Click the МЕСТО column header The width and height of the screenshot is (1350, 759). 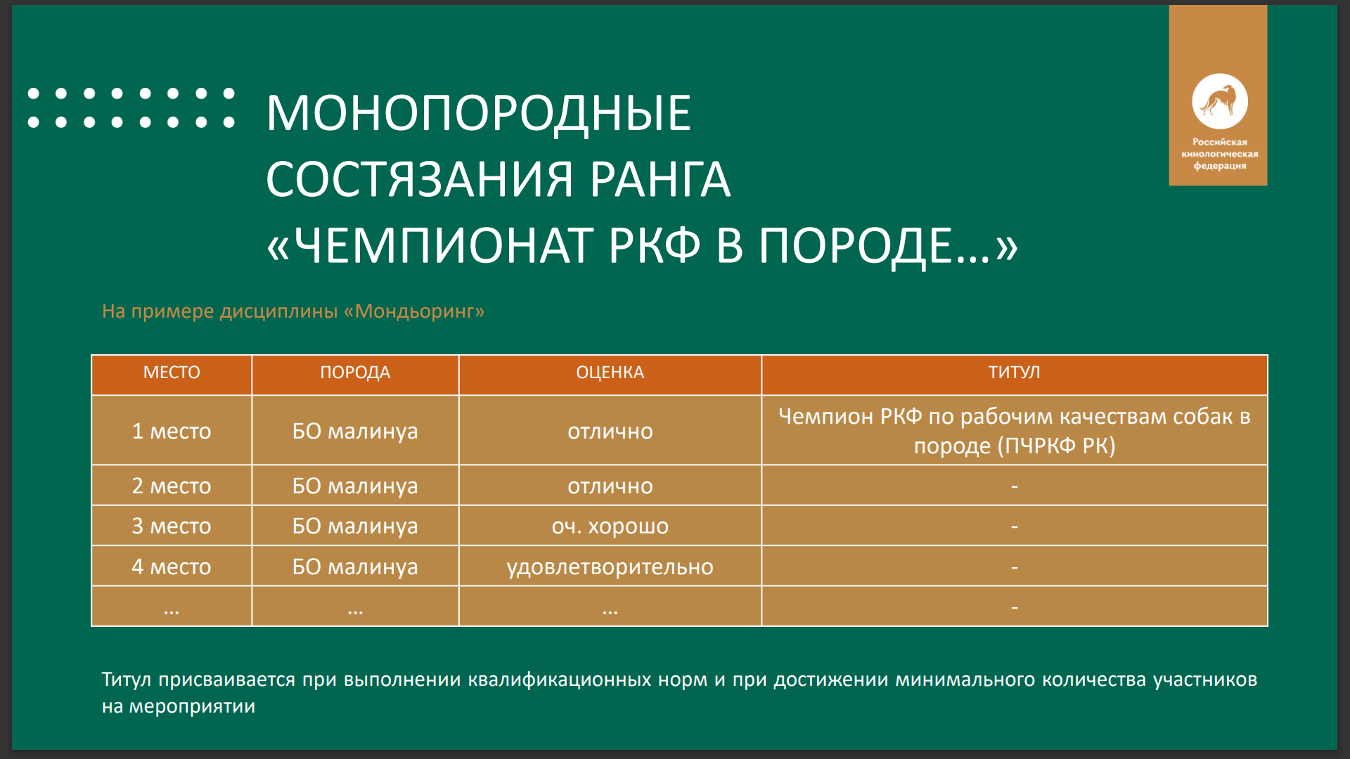172,372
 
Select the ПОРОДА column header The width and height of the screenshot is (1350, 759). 355,372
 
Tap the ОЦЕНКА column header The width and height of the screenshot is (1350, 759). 610,372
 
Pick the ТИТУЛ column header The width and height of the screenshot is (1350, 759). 1014,372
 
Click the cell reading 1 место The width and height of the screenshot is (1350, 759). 172,431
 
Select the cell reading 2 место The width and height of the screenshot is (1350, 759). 172,486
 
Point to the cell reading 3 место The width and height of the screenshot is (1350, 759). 172,526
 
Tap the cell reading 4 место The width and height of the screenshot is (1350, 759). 172,566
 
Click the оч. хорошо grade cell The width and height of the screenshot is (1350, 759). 610,526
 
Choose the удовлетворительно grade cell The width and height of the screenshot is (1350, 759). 610,567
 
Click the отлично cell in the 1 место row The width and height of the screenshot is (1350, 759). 610,431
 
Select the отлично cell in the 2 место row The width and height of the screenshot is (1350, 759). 610,486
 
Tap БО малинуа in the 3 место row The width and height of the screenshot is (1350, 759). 355,526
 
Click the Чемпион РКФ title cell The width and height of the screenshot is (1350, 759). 1014,431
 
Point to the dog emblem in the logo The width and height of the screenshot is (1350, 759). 1219,102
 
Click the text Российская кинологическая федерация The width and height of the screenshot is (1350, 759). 1219,153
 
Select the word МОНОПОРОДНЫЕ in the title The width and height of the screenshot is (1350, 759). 478,113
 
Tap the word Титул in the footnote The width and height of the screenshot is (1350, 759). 127,680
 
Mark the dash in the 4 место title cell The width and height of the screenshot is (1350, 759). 1014,566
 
